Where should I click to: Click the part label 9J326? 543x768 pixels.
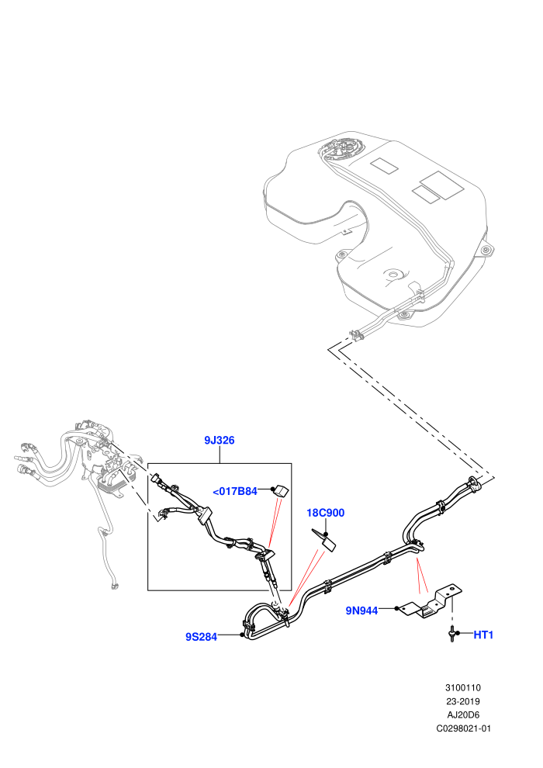(x=220, y=441)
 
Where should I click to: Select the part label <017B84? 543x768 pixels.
(x=235, y=491)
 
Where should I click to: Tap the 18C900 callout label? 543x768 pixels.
(x=326, y=513)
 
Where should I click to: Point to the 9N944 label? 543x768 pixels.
(x=361, y=611)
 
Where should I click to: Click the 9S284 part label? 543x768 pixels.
(x=201, y=637)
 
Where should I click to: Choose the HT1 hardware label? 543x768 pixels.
(x=483, y=635)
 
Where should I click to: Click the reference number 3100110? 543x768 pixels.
(x=462, y=687)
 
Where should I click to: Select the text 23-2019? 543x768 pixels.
(x=462, y=701)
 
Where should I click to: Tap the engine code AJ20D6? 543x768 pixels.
(x=462, y=714)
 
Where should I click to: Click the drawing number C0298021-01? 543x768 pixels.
(x=463, y=728)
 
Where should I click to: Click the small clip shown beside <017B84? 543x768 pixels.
(x=280, y=490)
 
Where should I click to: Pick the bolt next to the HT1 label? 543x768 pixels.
(x=451, y=633)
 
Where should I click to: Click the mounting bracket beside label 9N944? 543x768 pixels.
(x=431, y=603)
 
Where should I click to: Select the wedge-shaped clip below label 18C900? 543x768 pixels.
(x=325, y=541)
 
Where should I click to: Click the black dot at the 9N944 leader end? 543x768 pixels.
(x=395, y=608)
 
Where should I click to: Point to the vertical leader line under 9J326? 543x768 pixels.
(x=220, y=455)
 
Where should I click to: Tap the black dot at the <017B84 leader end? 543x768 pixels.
(x=272, y=489)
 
